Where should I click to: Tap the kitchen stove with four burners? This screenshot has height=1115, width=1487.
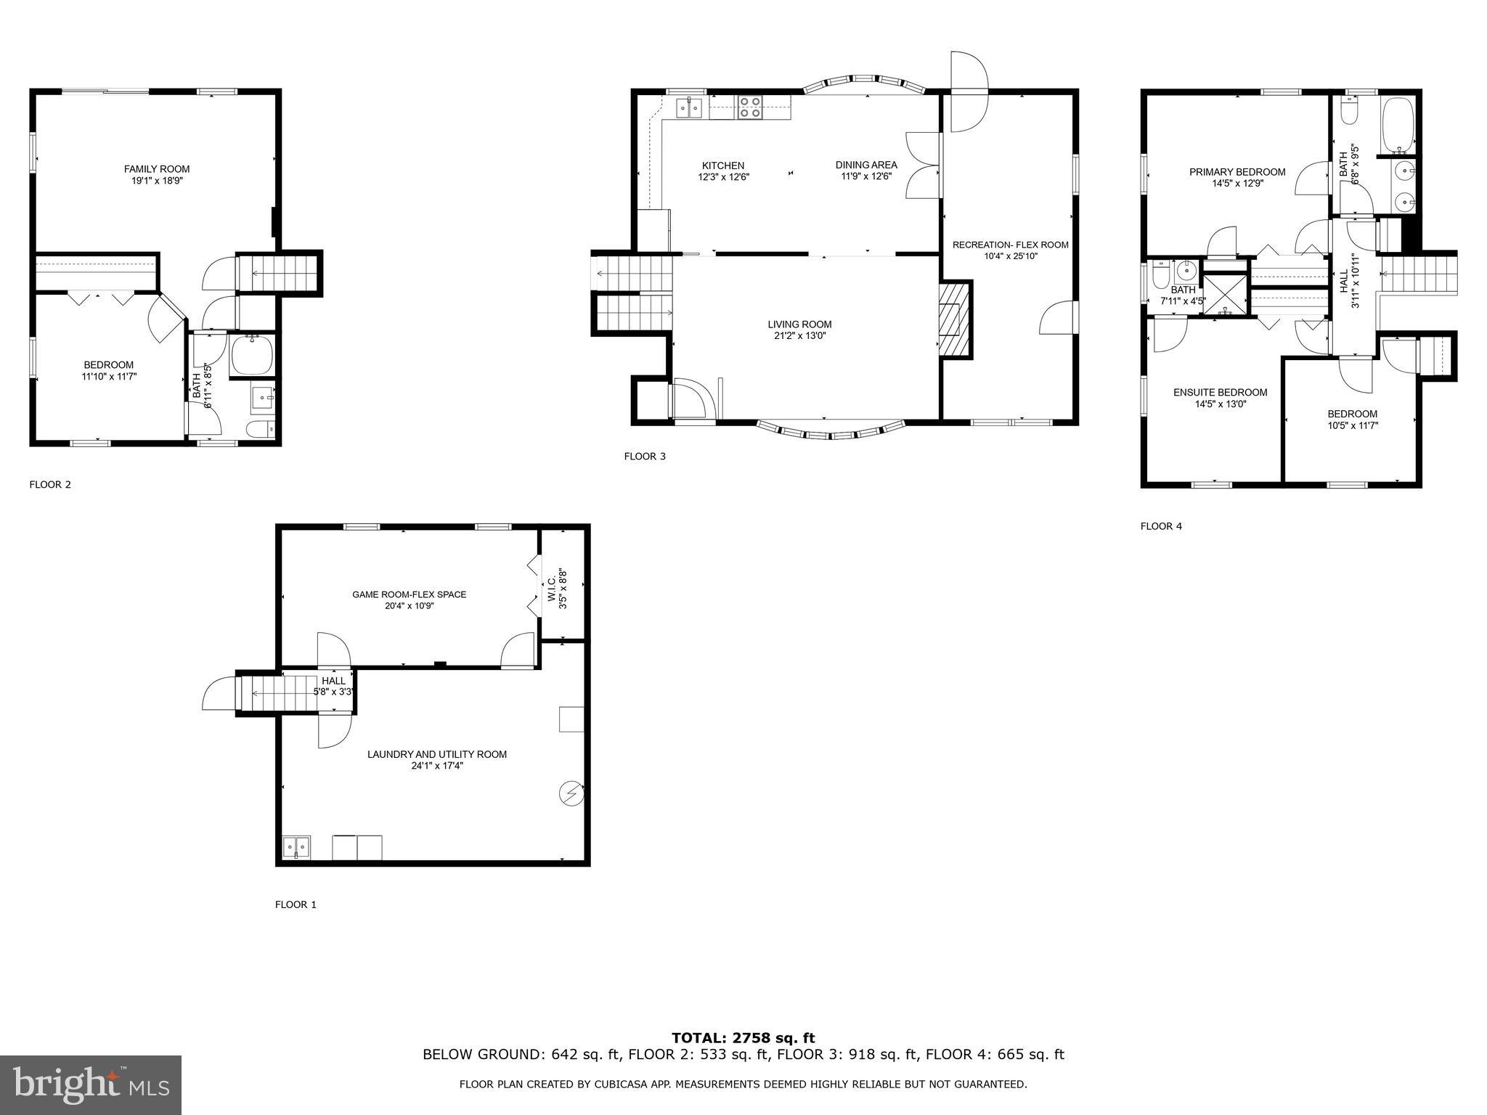pos(750,107)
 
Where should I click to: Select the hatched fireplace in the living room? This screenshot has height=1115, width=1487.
pos(956,319)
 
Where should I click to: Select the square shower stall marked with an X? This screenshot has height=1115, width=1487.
pos(1226,293)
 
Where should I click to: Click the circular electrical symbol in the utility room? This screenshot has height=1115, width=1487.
pos(571,793)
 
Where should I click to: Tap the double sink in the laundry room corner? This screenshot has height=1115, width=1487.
pos(297,846)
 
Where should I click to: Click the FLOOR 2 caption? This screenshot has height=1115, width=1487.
pos(50,485)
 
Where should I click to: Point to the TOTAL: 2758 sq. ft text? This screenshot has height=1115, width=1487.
pos(743,1038)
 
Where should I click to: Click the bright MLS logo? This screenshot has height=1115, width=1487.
pos(91,1085)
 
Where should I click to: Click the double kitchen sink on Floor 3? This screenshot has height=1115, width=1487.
pos(690,108)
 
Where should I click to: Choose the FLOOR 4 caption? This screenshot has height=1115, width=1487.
pos(1161,526)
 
